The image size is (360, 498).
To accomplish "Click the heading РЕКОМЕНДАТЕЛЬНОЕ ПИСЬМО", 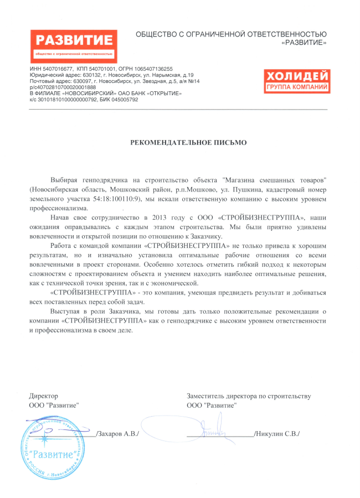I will coord(188,142).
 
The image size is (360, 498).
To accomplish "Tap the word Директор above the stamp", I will coord(43,396).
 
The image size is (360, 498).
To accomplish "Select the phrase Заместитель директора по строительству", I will coord(249,396).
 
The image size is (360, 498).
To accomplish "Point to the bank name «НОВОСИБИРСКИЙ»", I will coord(86,94).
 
